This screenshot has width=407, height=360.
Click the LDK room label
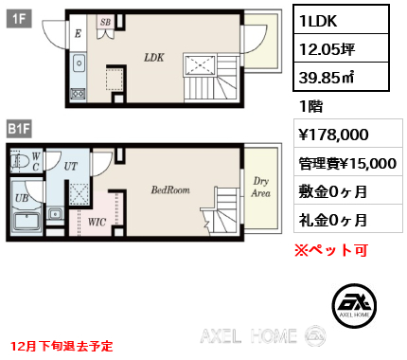[x=154, y=57]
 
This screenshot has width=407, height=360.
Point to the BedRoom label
[x=170, y=189]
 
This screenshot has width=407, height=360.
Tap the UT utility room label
[x=70, y=165]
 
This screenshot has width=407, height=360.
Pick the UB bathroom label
[x=21, y=200]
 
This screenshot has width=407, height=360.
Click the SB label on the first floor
[x=105, y=21]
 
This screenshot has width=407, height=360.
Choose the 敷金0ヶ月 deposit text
[x=333, y=192]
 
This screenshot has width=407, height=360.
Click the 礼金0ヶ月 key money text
[x=333, y=221]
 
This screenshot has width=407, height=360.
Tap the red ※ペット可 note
[x=330, y=251]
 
